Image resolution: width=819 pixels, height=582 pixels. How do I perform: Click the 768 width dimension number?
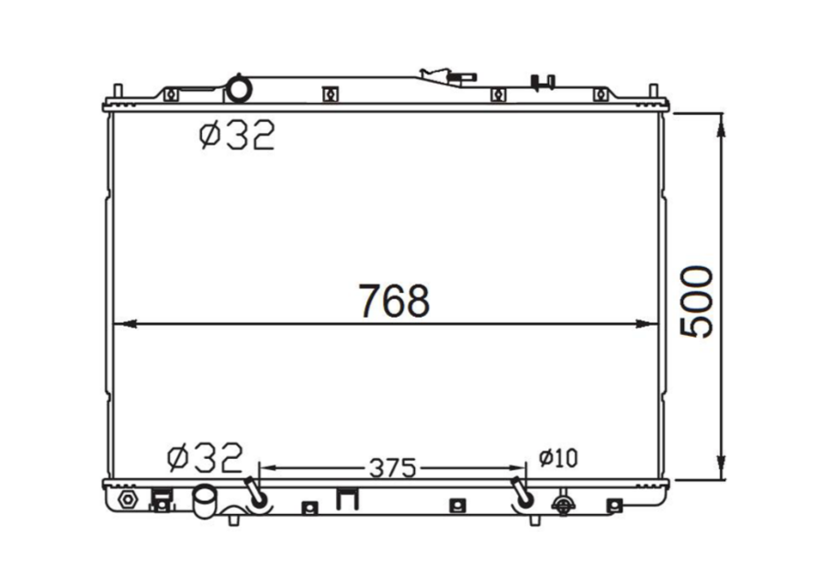(x=394, y=300)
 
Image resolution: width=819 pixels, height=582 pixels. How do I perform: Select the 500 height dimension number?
(x=697, y=303)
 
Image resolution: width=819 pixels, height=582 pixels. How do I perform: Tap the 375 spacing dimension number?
(x=393, y=468)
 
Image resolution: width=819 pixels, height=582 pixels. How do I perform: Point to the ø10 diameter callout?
(x=558, y=457)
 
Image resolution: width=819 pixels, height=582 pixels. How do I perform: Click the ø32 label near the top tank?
(x=236, y=137)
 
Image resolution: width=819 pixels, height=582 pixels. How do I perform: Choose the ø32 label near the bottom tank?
(x=205, y=455)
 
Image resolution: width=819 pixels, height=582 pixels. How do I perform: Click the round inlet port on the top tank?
(x=240, y=90)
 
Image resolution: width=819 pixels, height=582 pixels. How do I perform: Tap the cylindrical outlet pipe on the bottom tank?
(x=203, y=500)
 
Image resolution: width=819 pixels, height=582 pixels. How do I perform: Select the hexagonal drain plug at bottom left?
(x=128, y=500)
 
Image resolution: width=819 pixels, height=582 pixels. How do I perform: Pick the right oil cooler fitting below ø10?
(x=523, y=495)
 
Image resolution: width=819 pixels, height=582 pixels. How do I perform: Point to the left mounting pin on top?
(x=118, y=95)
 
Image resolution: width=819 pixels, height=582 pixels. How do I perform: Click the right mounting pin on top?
(x=654, y=95)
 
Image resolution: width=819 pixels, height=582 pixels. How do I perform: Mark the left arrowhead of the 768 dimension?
(x=120, y=323)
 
